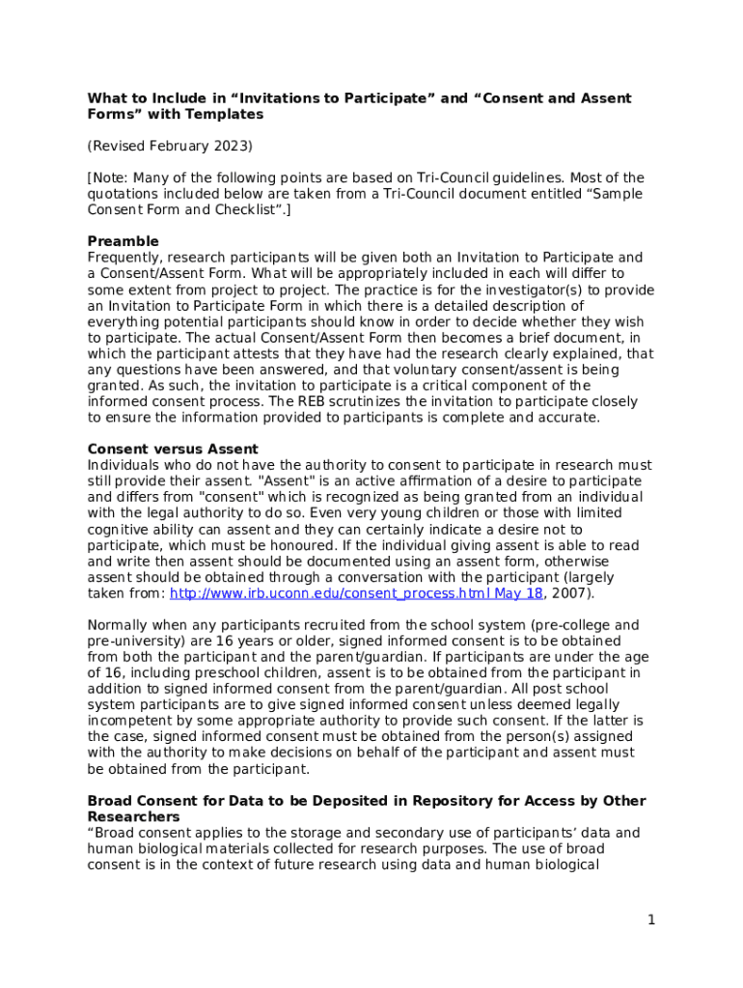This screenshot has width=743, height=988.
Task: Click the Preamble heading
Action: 124,241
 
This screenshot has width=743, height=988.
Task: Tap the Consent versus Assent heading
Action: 173,450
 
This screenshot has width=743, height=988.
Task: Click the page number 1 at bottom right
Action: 651,919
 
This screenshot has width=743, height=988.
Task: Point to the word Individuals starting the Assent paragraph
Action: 123,465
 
